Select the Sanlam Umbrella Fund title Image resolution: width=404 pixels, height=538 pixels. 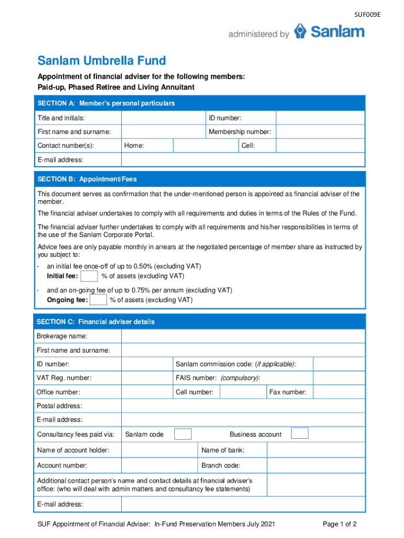coord(101,61)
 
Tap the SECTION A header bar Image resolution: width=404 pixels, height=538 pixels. coord(200,104)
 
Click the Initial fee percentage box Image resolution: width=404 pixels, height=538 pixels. coord(89,276)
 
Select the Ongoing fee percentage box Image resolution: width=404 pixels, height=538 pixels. coord(99,300)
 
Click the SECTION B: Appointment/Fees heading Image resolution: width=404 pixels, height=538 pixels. coord(87,179)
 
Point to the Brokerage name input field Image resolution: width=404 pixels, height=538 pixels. coord(243,336)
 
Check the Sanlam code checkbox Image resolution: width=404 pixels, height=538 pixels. coord(183,434)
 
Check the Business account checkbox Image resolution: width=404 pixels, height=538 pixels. coord(300,434)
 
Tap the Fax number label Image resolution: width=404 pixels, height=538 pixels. coord(288,392)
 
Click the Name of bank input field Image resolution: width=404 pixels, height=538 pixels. coord(315,450)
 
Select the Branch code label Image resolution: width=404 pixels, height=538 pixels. coord(220,465)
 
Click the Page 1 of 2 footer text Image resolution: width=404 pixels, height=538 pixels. coord(340,524)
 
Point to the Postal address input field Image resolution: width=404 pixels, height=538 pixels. coord(243,406)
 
